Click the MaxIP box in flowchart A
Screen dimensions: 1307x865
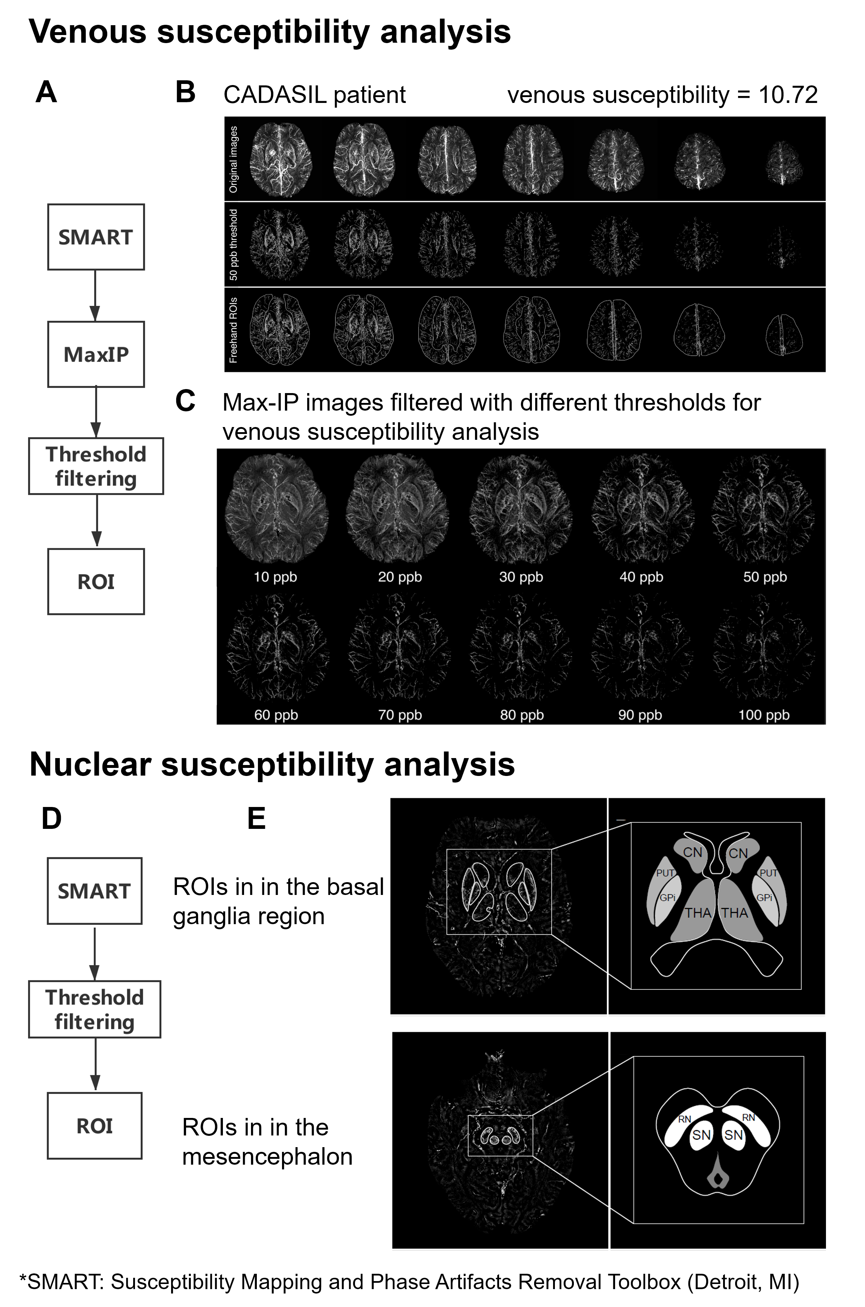tap(96, 354)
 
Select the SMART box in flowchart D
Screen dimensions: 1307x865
tap(94, 891)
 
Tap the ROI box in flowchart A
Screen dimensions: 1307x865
tap(96, 582)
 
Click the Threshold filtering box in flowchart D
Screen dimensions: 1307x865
tap(94, 1009)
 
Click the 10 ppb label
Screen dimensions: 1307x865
tap(275, 577)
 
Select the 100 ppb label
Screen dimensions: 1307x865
tap(764, 715)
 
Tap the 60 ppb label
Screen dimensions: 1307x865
tap(276, 715)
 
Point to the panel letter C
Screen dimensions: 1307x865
tap(185, 401)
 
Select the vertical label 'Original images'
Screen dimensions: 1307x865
tap(234, 159)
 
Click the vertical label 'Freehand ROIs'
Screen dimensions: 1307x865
tap(234, 330)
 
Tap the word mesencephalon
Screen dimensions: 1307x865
tap(267, 1156)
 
